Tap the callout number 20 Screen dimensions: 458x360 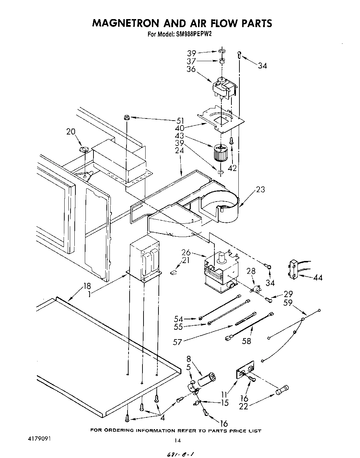pyautogui.click(x=71, y=132)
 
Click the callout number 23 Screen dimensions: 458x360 pyautogui.click(x=260, y=189)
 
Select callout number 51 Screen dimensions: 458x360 pyautogui.click(x=180, y=121)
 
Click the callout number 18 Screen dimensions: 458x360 pyautogui.click(x=87, y=286)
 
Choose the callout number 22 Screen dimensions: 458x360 pyautogui.click(x=243, y=406)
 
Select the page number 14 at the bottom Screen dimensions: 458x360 pyautogui.click(x=178, y=441)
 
